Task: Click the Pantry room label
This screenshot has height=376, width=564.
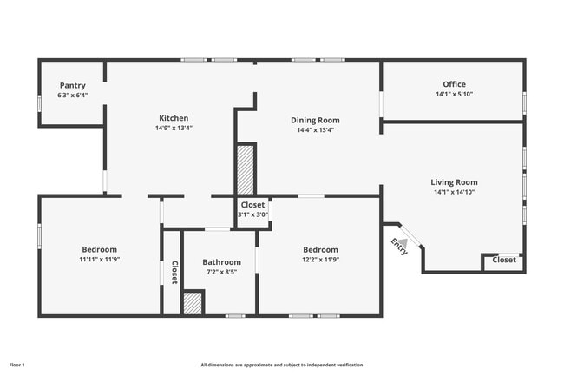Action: (73, 86)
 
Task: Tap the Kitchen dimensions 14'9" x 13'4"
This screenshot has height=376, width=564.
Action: (174, 128)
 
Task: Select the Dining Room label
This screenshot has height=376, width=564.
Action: (315, 120)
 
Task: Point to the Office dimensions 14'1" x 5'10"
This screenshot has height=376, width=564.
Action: (455, 95)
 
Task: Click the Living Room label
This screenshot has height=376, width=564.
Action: (455, 182)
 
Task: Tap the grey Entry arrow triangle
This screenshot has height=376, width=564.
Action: (403, 243)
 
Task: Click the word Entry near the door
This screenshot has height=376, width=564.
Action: (399, 247)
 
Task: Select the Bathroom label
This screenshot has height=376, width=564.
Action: (221, 262)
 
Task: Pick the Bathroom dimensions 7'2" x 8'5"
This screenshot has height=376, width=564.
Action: (221, 272)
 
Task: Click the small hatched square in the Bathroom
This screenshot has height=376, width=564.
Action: (193, 303)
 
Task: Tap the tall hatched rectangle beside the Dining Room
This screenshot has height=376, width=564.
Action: (246, 170)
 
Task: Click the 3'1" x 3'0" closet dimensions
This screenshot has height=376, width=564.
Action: (252, 214)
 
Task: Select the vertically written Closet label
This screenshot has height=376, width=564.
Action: (174, 273)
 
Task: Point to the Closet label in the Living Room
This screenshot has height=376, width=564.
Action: (504, 260)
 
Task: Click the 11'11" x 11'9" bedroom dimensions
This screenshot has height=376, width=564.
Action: (100, 260)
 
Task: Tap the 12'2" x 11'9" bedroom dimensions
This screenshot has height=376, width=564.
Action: (320, 260)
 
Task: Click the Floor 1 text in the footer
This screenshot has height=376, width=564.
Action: (16, 365)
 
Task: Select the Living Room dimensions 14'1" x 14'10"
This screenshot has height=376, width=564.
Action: (455, 192)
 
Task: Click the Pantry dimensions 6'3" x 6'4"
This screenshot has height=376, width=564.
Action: (73, 96)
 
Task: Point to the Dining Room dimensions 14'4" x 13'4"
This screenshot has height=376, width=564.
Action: (316, 130)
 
